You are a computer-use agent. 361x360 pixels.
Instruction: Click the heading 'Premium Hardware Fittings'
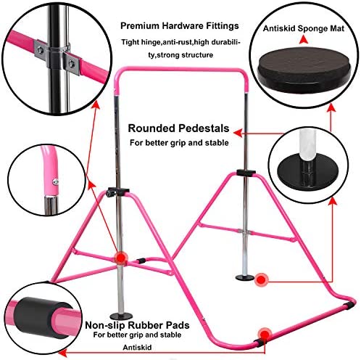coord(180,26)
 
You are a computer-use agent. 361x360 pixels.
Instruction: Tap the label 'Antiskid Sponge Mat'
coord(304,28)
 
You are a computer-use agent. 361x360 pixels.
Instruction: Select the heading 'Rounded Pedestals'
coord(178,128)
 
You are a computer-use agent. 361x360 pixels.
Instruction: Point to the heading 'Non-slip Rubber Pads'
coord(137,325)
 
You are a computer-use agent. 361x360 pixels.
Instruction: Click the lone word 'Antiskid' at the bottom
coord(137,348)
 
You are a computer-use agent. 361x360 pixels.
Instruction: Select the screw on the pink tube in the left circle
coord(56,181)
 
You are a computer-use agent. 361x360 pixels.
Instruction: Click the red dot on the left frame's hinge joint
coord(121,258)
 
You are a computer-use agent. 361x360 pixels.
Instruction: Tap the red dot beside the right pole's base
coord(261,280)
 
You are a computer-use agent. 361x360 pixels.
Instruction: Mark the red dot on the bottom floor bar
coord(265,335)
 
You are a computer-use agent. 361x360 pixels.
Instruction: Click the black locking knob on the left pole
coord(110,194)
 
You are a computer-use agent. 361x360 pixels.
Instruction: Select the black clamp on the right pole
coord(246,173)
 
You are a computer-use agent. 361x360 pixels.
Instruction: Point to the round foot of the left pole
coord(121,316)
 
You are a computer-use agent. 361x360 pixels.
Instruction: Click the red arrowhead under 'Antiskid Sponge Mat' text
coord(304,39)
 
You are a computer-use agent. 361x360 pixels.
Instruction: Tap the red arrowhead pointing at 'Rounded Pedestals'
coord(238,133)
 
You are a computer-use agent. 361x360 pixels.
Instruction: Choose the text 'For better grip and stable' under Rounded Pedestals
coord(179,143)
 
